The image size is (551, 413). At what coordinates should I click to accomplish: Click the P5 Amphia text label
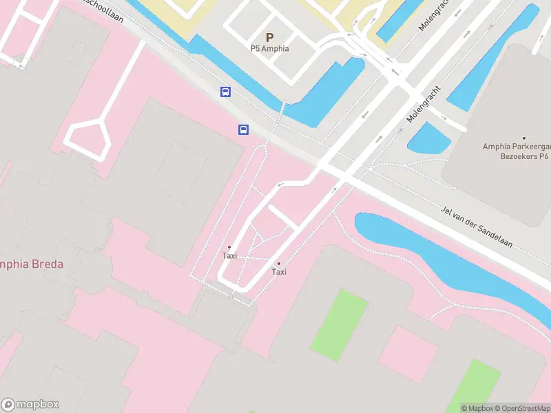tap(269, 49)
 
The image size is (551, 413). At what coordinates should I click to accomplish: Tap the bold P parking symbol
tap(269, 37)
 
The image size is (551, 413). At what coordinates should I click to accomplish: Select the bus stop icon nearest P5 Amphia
tap(225, 92)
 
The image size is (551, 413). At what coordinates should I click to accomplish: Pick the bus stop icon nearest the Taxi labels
tap(243, 129)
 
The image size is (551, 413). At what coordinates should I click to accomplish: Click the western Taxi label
tap(229, 255)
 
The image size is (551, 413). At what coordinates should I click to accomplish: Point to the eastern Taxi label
tap(279, 272)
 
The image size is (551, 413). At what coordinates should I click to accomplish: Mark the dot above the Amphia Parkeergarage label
tap(523, 138)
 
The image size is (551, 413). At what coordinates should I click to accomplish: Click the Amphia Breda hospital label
tap(32, 264)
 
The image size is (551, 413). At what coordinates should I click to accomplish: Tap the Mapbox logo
tap(30, 405)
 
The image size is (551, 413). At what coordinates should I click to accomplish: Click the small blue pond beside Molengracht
tap(428, 138)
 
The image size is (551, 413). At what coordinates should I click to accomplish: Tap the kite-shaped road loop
tap(88, 138)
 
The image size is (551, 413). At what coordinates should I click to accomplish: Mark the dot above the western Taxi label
tap(229, 247)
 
